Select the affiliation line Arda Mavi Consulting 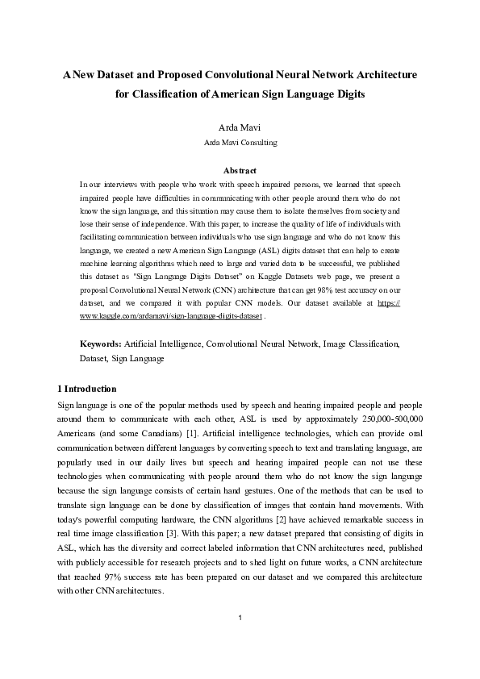point(240,143)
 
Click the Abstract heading point(240,170)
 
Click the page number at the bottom point(240,641)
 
